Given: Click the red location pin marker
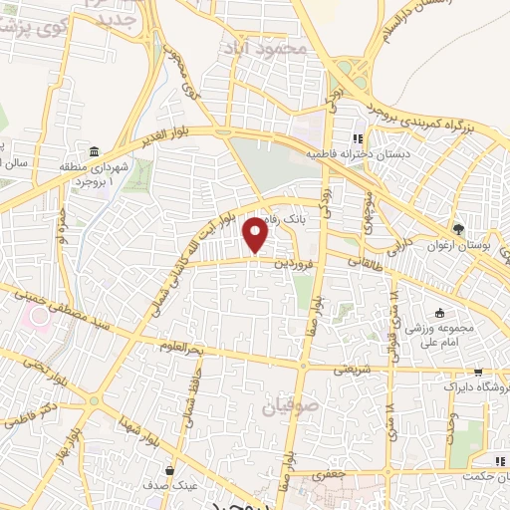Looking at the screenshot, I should (257, 235).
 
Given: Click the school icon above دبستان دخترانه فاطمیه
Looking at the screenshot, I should (358, 137).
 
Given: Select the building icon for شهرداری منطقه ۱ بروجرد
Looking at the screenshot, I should (93, 152).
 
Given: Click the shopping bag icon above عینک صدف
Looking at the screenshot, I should (171, 469).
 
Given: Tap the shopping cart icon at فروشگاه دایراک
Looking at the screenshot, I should (434, 384).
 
